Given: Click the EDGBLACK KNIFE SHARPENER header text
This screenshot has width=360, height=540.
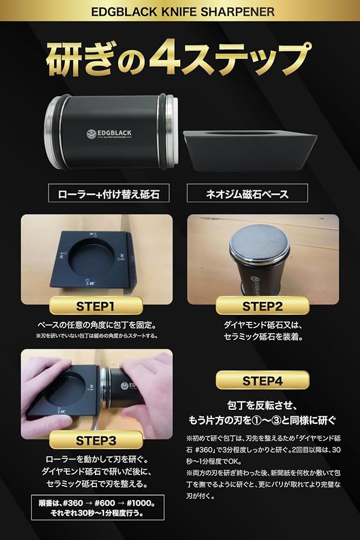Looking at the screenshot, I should click(x=179, y=11).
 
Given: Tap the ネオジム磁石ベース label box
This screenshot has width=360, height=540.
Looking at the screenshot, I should click(x=247, y=193).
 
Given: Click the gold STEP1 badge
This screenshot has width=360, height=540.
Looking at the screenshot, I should click(x=95, y=306).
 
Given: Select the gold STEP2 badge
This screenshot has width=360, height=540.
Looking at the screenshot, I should click(x=262, y=306).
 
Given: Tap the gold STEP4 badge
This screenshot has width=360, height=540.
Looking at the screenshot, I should click(x=262, y=380).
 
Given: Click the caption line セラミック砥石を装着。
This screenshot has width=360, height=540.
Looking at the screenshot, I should click(x=262, y=337).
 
